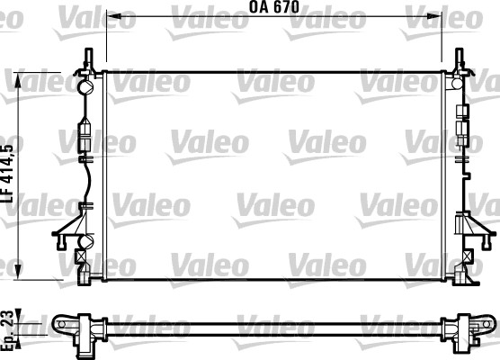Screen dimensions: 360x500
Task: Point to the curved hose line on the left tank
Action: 85,180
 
